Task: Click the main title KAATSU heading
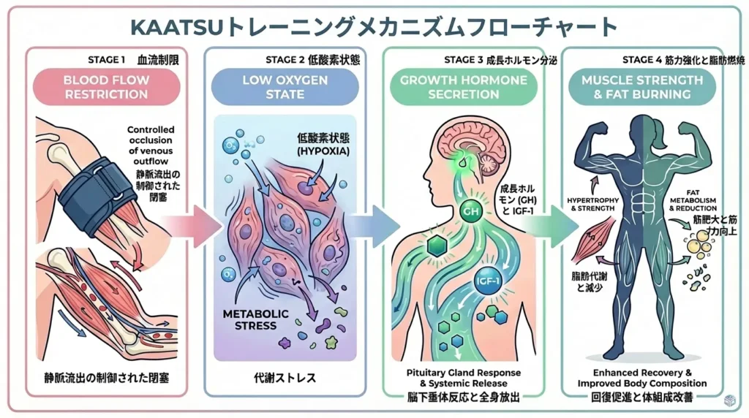tap(374, 27)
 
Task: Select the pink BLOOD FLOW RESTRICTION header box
tap(106, 87)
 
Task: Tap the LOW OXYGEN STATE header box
tap(285, 87)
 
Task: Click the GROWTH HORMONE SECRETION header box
tap(464, 87)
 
